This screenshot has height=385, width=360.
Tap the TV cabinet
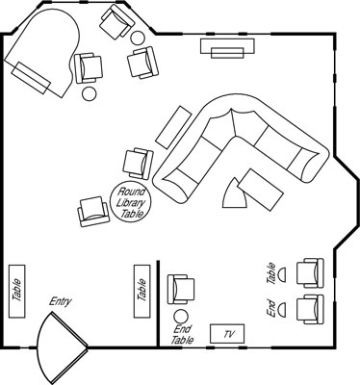pos(227,334)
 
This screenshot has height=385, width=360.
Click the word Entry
pos(61,302)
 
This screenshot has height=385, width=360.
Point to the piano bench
pos(31,78)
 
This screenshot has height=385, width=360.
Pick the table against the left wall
pos(16,292)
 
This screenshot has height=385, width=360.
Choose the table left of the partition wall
pos(142,292)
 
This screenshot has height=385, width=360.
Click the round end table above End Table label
pos(180,317)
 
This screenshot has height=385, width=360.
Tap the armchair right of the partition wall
pos(181,290)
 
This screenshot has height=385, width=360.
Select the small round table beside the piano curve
pos(89,93)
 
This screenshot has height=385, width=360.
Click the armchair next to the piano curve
pos(88,67)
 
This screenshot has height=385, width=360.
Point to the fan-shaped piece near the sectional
pos(235,194)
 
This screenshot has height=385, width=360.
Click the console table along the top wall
pos(227,48)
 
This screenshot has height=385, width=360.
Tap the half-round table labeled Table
pos(282,274)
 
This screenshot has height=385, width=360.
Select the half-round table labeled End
pos(282,310)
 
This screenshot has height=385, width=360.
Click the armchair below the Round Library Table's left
pos(93,212)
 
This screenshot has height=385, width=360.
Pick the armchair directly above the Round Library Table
pos(139,164)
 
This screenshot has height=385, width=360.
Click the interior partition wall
pos(158,303)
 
